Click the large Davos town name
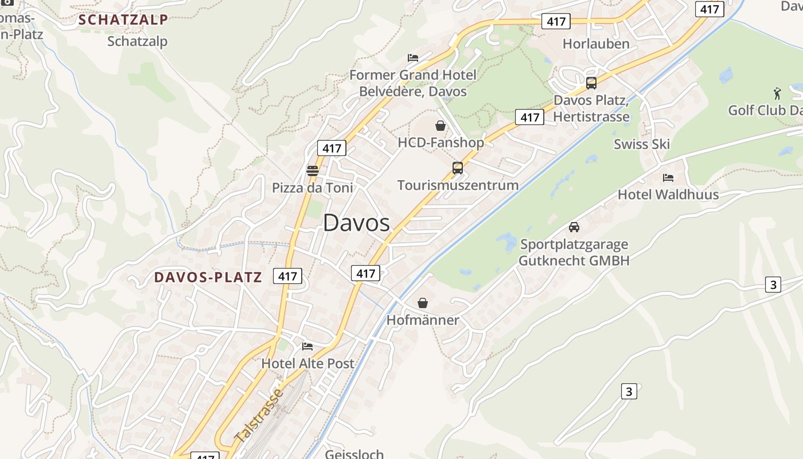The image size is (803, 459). pos(356,223)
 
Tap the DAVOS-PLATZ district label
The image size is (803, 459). pos(208,278)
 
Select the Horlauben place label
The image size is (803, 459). pos(596,44)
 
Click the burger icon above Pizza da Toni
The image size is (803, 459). pos(313,170)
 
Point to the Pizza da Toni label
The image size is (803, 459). pos(313,188)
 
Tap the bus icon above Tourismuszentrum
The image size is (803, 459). pos(458,168)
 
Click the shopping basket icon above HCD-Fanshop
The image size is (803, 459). pos(441,126)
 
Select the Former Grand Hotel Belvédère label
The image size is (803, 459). pos(412,83)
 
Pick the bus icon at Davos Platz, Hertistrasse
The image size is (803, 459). pos(591,83)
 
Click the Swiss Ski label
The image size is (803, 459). pos(642,144)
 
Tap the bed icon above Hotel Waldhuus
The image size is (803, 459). pos(668,178)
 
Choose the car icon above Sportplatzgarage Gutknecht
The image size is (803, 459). pos(574,227)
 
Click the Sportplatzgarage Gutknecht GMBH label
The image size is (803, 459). pos(574,252)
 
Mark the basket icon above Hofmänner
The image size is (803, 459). pos(423,303)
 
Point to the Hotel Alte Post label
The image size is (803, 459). pos(308,363)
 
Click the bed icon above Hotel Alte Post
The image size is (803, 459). pos(308,347)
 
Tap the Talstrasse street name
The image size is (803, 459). pos(259,415)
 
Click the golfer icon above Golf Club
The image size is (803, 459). pos(777,93)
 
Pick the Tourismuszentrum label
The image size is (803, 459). pos(458,185)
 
